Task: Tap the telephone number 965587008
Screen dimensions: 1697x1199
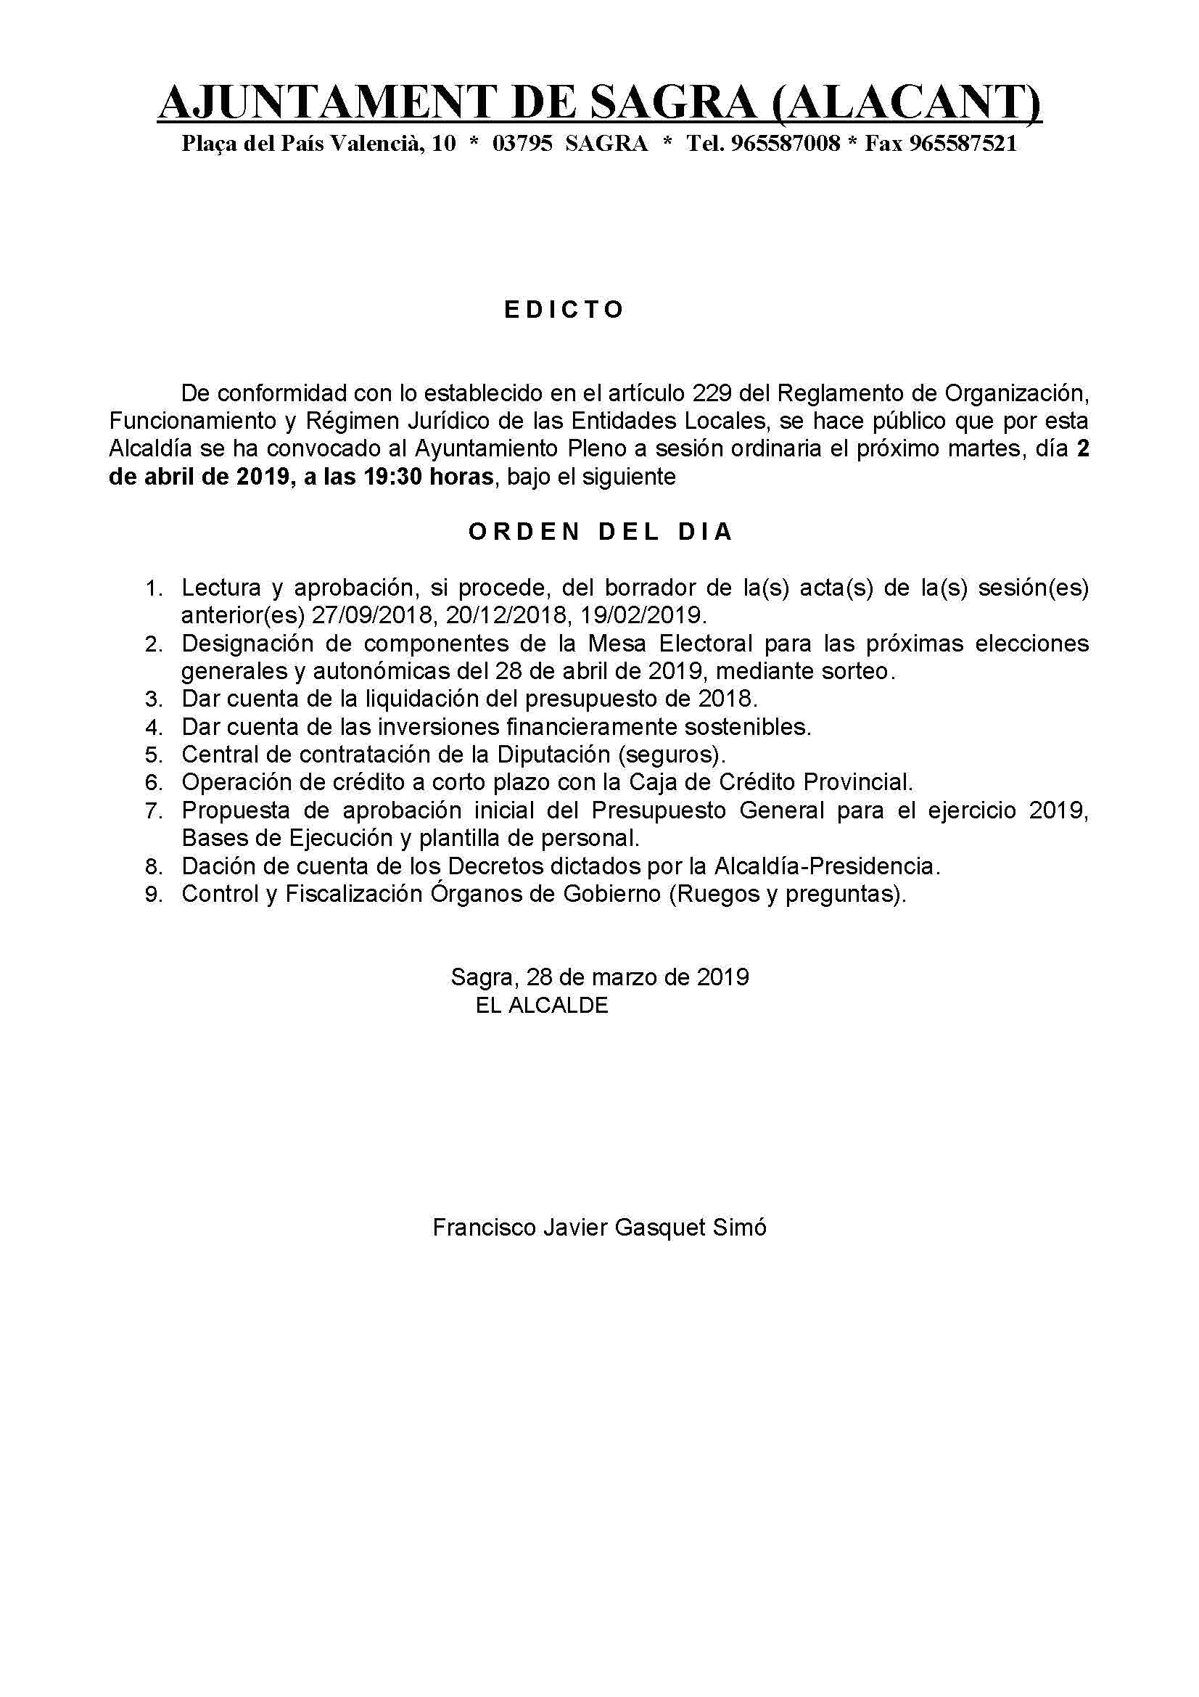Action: (x=786, y=144)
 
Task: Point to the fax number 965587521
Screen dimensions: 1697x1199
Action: (x=963, y=144)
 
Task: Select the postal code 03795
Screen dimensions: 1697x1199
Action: (x=522, y=144)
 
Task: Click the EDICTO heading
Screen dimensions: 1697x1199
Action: (x=564, y=310)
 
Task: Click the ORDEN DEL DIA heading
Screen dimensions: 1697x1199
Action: (x=601, y=532)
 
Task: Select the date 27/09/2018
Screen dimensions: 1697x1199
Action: (x=374, y=616)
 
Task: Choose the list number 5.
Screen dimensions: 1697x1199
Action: (x=153, y=755)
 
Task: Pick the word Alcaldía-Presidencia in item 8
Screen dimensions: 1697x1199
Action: (x=827, y=866)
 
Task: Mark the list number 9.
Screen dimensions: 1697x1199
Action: (x=153, y=895)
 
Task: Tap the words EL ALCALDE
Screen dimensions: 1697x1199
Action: (x=542, y=1005)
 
